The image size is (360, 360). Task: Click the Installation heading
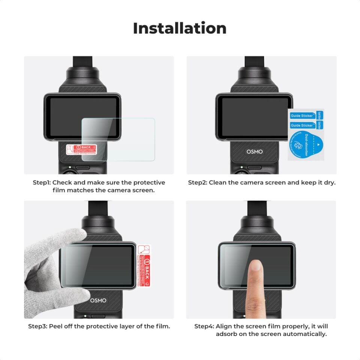pos(180,28)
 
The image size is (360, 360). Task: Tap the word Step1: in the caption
pos(42,183)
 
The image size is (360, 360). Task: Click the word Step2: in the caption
pos(197,183)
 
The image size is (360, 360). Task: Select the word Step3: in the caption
pos(37,326)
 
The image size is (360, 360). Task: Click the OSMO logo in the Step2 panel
pos(255,152)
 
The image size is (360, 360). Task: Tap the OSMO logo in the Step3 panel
pos(98,300)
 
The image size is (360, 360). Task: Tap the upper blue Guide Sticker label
pos(302,116)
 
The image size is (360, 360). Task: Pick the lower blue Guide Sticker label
pos(302,126)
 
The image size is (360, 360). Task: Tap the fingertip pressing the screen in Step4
pos(256,267)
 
